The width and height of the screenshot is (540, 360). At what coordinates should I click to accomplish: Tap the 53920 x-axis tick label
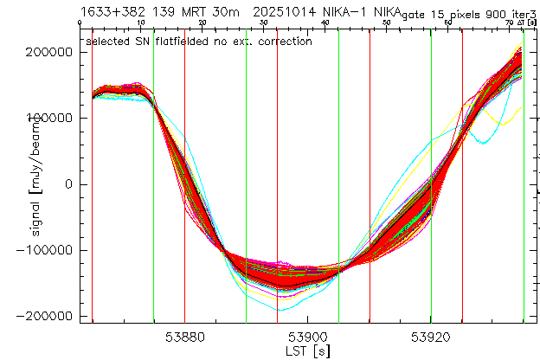[x=431, y=337]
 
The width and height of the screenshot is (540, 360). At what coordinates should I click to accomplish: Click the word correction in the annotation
[x=283, y=41]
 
